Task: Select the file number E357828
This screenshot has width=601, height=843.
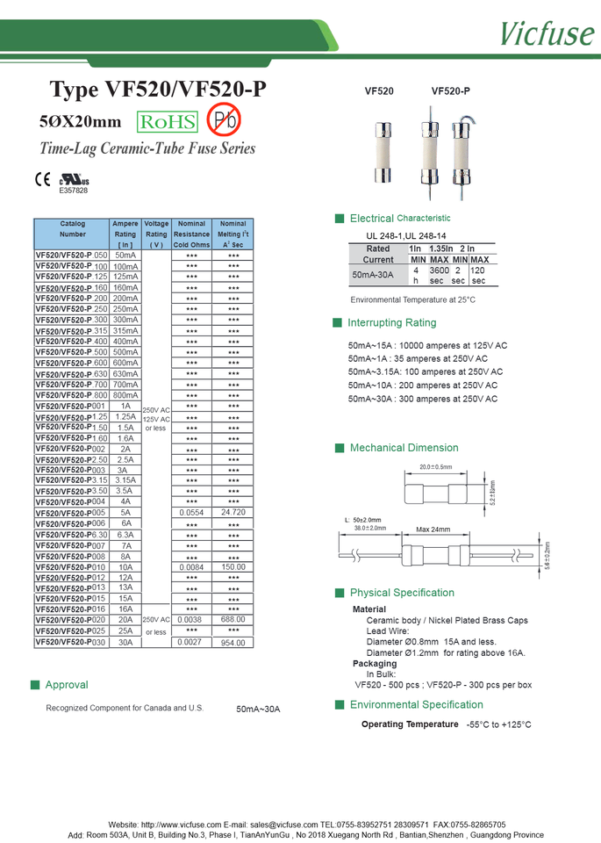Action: coord(74,191)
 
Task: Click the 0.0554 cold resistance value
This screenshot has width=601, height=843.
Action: coord(191,512)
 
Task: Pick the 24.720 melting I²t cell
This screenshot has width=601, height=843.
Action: coord(233,512)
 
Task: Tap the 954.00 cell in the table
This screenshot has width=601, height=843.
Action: coord(233,643)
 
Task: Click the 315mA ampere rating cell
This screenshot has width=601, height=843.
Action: coord(125,330)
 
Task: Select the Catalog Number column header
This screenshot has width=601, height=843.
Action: coord(73,229)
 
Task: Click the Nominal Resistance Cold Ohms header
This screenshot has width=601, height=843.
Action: coord(191,234)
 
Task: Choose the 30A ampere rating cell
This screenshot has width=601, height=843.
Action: coord(125,642)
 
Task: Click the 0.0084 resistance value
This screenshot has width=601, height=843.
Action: coord(191,567)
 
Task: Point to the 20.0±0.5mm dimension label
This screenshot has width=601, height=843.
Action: coord(435,467)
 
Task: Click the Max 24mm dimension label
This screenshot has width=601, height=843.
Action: coord(433,530)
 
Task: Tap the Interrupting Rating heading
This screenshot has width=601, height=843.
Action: coord(391,323)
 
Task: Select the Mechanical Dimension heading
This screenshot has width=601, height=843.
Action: coord(404,448)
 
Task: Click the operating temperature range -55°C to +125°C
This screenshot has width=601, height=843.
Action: coord(498,724)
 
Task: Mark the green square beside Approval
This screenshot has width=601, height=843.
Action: coord(35,684)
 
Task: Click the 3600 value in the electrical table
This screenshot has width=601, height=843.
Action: coord(439,271)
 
